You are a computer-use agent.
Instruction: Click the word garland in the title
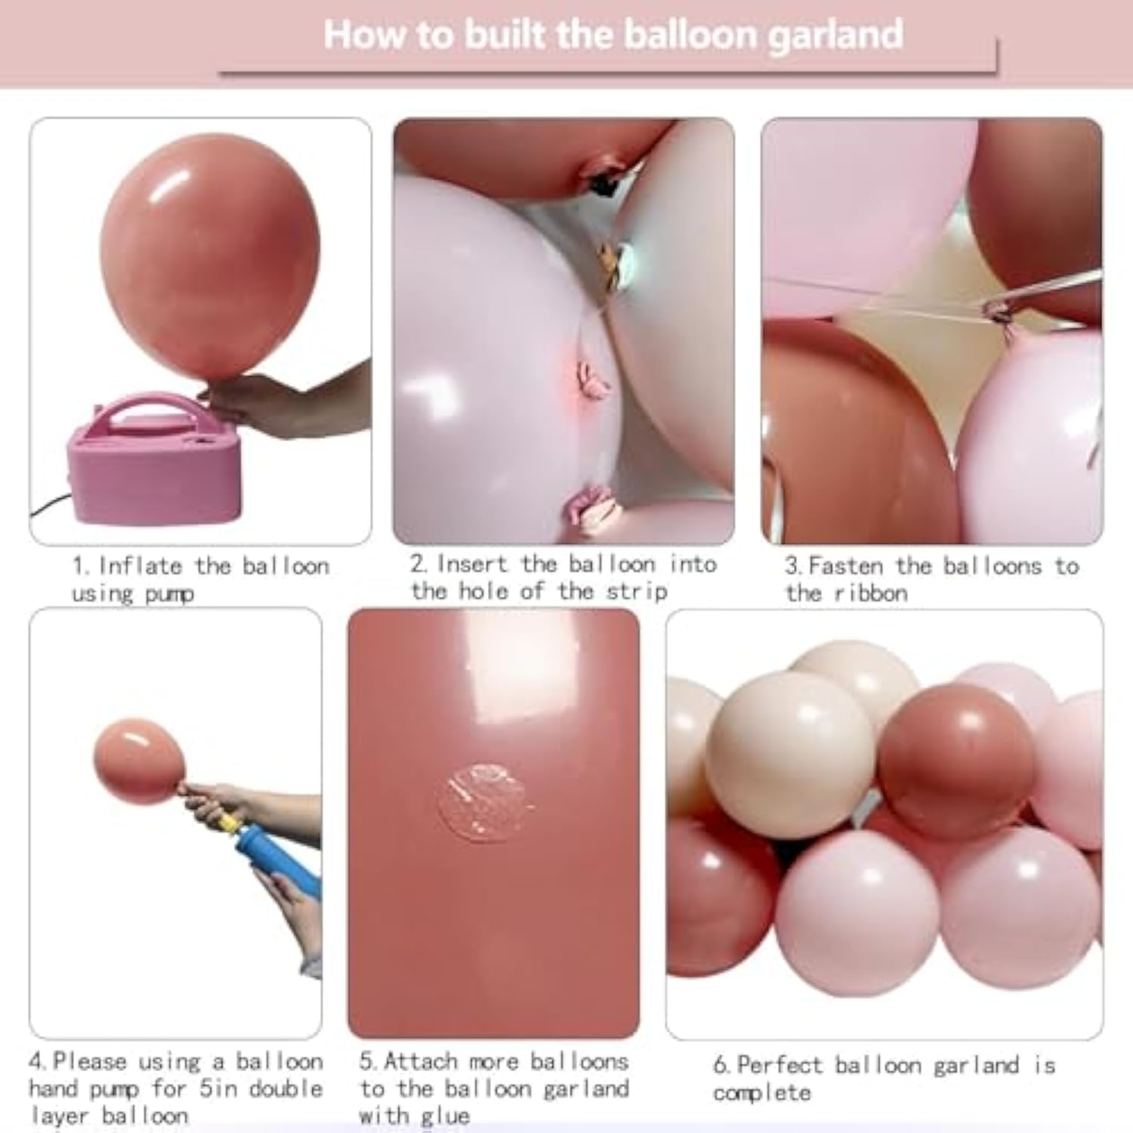[835, 36]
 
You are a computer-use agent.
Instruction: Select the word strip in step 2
[637, 591]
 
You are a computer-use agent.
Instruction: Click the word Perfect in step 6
[780, 1065]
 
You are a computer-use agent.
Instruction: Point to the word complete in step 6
[761, 1093]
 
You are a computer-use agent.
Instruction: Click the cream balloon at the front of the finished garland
[789, 755]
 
